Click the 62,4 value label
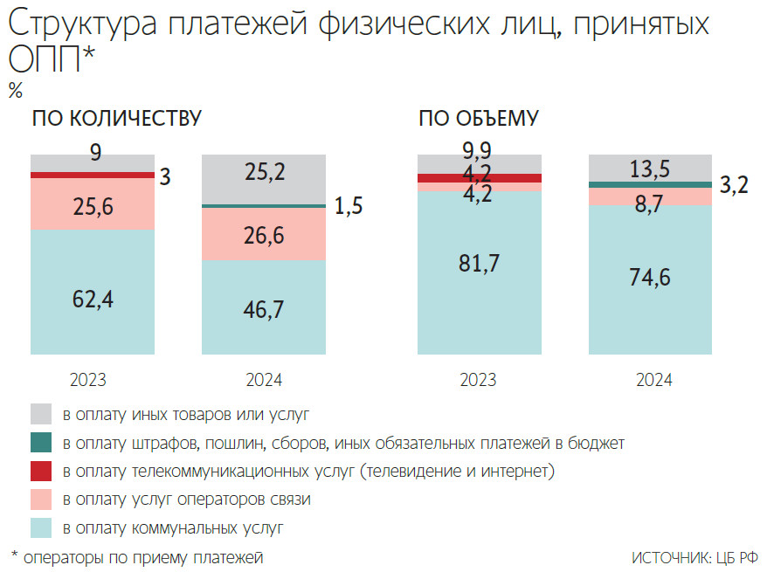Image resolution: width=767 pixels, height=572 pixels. coord(93,299)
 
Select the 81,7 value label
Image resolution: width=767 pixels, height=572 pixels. coord(479,262)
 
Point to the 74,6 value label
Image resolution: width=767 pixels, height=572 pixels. coord(650,277)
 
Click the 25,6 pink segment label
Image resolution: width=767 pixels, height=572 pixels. coord(93,207)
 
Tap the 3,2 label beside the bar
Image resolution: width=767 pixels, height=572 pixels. coord(734,185)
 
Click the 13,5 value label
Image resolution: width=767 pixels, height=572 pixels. coord(650,169)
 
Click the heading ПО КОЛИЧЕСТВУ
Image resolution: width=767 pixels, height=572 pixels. coord(116,119)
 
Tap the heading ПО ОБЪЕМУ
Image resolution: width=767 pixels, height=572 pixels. coord(478,119)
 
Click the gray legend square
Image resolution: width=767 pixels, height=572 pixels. coord(42,414)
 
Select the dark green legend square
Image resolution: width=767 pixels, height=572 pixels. coord(42,443)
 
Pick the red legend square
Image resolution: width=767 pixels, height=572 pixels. coord(42,472)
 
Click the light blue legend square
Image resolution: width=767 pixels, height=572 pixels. coord(42,528)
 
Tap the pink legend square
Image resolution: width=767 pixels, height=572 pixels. coord(42,500)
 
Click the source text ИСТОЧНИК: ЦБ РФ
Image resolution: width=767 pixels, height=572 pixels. coord(694,557)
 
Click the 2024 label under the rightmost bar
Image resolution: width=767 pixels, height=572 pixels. coord(650,380)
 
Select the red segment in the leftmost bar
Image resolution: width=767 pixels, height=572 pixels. coord(93,175)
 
